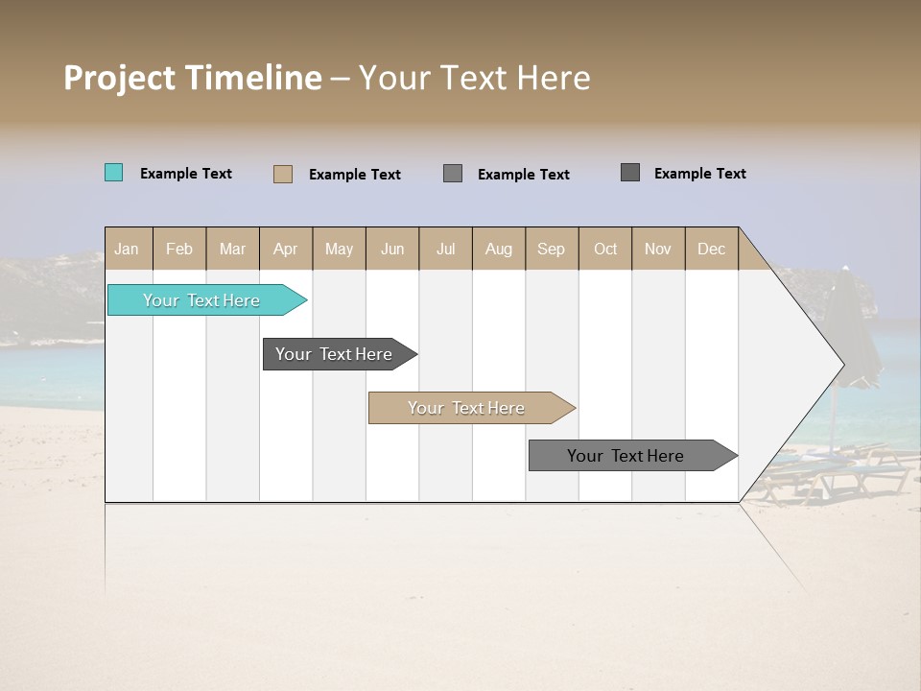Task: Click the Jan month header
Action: click(128, 249)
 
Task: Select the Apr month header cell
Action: click(286, 249)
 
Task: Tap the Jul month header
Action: click(445, 249)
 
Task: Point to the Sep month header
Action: click(552, 249)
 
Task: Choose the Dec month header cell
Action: click(711, 249)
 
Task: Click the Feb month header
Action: click(179, 249)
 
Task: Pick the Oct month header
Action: click(605, 249)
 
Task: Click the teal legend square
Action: click(113, 173)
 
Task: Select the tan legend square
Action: click(282, 174)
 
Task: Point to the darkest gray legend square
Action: click(630, 173)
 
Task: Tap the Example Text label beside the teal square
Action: click(186, 174)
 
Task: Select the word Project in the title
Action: click(119, 79)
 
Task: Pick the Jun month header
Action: click(392, 249)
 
